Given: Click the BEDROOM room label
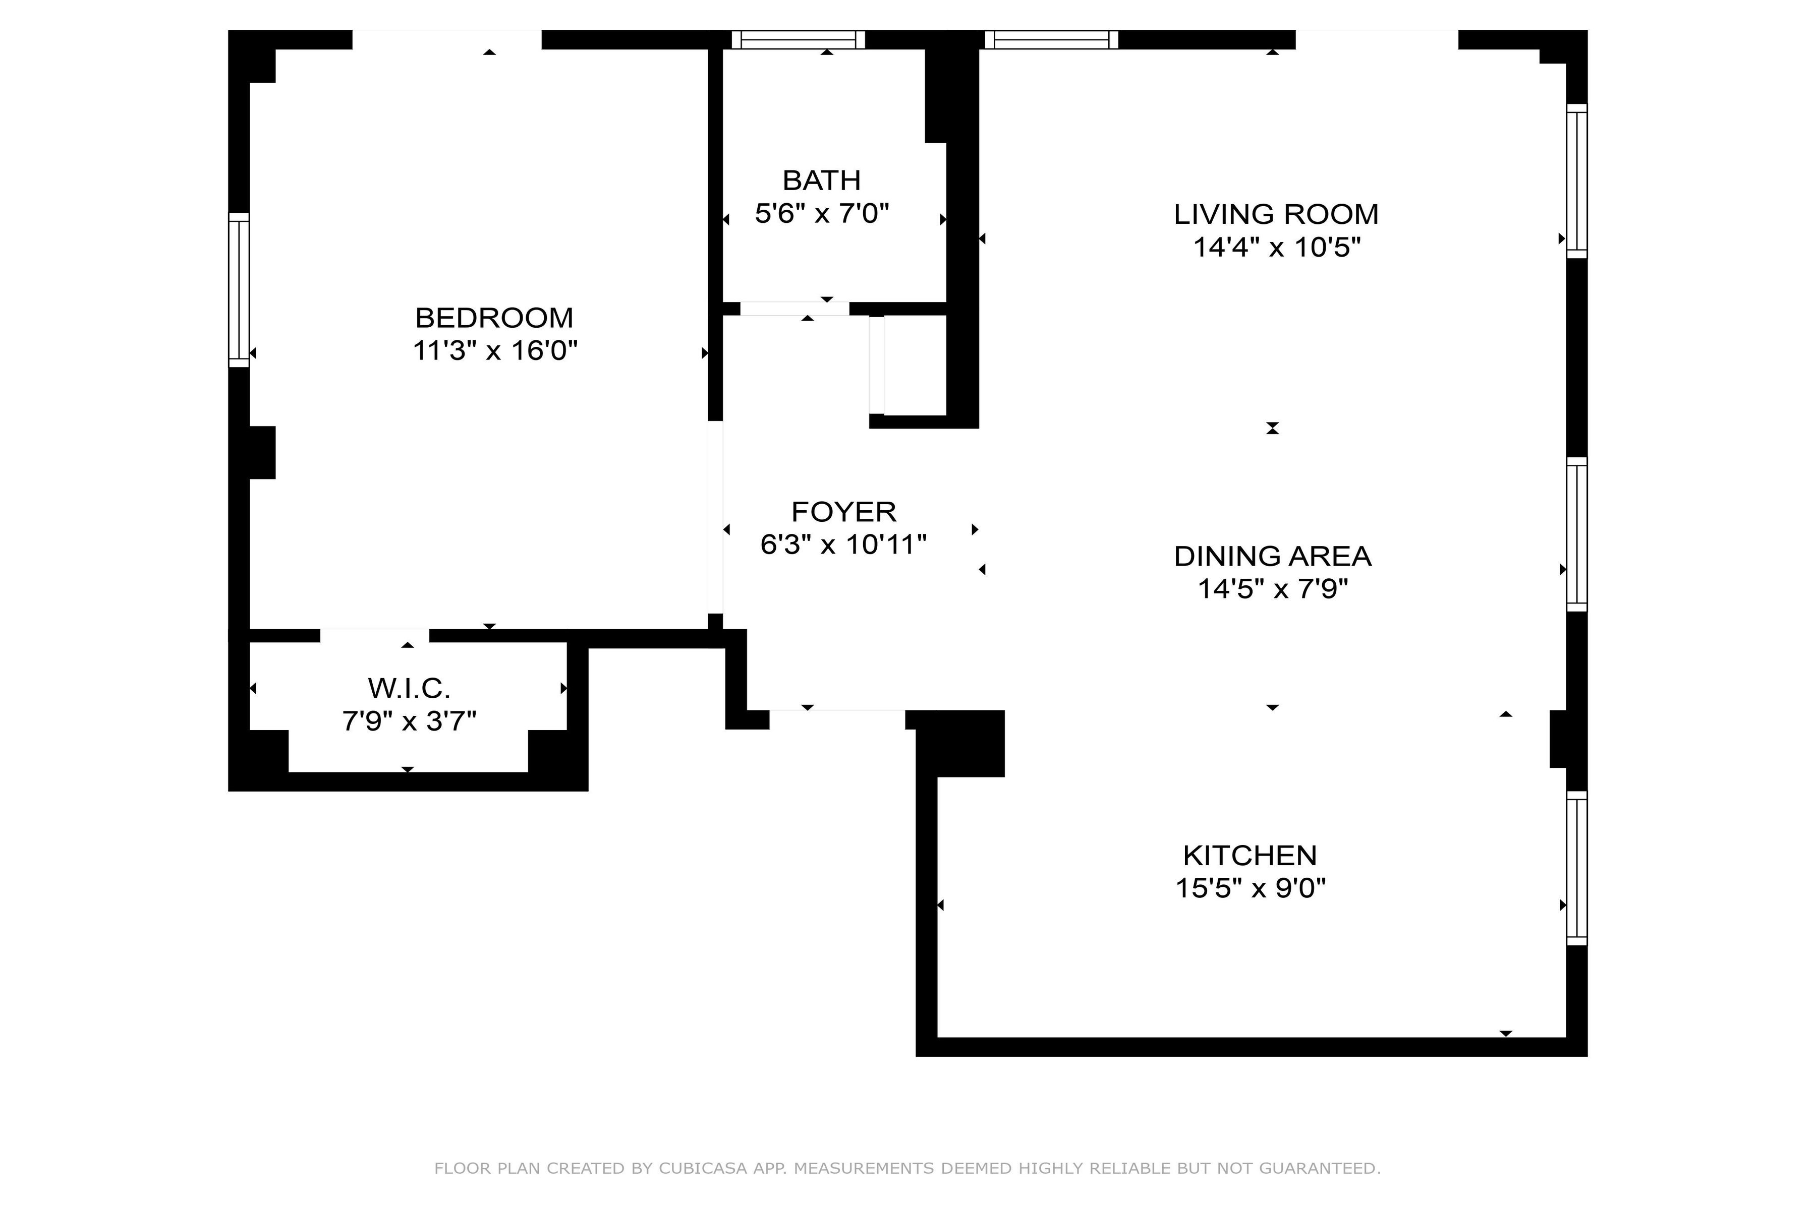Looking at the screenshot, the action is point(494,318).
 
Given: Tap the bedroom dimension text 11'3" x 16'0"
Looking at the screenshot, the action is point(495,351).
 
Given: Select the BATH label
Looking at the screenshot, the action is point(822,180).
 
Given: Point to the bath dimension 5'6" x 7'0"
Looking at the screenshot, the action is point(822,214).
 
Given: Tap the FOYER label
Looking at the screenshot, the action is point(844,512).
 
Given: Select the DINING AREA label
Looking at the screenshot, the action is point(1272,557).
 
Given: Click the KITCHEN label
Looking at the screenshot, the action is point(1250,855).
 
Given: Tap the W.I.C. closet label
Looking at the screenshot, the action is point(409,688).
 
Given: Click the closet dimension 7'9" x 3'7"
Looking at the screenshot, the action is point(409,721).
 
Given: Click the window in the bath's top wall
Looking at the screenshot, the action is point(799,39).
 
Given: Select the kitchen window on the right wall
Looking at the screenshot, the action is point(1577,868).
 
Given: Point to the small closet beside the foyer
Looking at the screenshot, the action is point(915,366).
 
